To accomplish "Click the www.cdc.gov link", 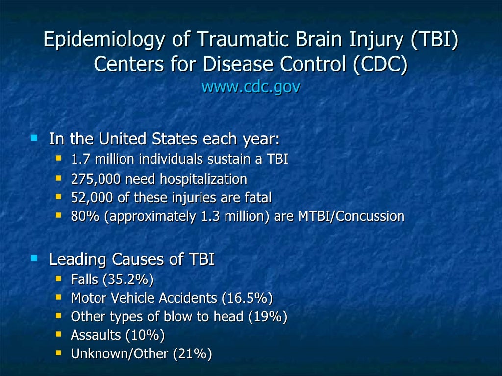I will click(251, 87).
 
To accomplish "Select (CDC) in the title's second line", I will click(379, 64).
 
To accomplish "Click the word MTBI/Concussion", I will click(351, 216).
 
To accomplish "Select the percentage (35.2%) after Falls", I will click(128, 280).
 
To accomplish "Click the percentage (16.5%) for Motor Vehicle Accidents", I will click(247, 298).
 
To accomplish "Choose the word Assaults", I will click(96, 335).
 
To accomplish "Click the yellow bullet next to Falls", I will click(59, 278).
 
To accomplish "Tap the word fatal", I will click(258, 198).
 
